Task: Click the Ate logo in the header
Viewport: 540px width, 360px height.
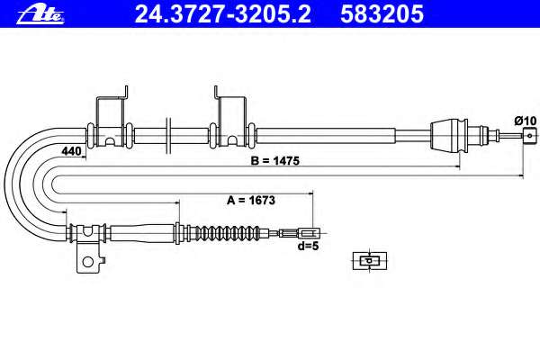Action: [40, 14]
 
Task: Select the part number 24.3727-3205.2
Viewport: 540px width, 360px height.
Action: [223, 14]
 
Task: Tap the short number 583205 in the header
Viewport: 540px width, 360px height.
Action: [382, 14]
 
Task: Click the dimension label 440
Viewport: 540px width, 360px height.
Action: [71, 151]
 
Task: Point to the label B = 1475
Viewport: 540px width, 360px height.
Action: [274, 161]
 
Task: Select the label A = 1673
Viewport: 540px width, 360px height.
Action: [251, 200]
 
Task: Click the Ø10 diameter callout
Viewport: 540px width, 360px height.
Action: [526, 121]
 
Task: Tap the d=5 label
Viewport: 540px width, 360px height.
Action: [308, 246]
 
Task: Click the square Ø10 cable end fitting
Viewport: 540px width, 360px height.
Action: [530, 135]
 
